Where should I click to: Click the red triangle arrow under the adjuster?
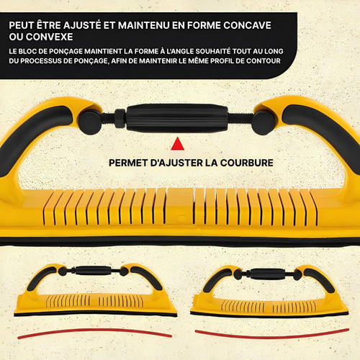point(178,145)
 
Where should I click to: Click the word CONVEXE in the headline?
point(49,37)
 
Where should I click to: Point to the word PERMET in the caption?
point(128,163)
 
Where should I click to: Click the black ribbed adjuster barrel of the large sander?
point(177,118)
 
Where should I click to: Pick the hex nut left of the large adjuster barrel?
point(120,118)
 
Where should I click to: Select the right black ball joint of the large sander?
point(264,122)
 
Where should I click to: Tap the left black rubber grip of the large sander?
point(31,135)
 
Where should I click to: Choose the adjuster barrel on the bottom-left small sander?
point(92,271)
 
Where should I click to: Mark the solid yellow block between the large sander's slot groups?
point(180,207)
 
